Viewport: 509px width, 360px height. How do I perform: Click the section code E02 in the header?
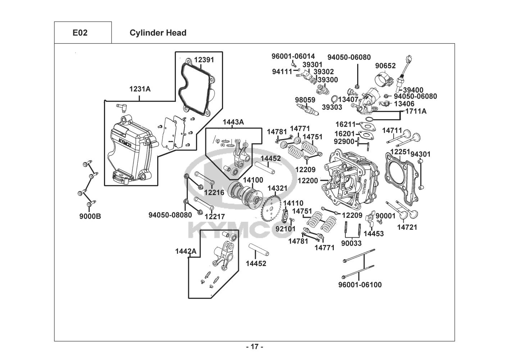click(x=80, y=33)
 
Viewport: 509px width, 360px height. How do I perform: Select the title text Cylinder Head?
click(x=158, y=33)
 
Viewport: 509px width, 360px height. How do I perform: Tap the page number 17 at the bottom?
click(x=254, y=347)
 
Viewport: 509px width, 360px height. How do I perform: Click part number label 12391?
click(x=204, y=60)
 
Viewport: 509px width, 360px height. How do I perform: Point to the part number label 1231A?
click(x=140, y=89)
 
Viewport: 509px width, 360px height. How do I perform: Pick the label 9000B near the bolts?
click(x=90, y=216)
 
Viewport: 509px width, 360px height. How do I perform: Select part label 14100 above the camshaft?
click(x=253, y=180)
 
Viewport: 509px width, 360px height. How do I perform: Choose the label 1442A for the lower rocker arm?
click(x=186, y=251)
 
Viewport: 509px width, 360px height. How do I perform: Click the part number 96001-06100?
click(x=360, y=285)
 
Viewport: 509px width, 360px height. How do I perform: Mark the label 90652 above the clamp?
click(x=385, y=66)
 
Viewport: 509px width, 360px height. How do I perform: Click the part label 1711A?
click(x=416, y=111)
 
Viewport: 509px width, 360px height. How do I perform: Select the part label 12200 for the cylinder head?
click(x=308, y=180)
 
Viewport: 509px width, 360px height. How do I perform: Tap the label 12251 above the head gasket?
click(x=400, y=152)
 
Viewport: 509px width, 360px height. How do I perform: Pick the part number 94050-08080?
click(x=170, y=215)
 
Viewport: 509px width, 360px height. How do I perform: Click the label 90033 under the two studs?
click(x=351, y=243)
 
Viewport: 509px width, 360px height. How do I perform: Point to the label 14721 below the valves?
click(x=407, y=227)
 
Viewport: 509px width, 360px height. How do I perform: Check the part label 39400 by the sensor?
click(x=413, y=90)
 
